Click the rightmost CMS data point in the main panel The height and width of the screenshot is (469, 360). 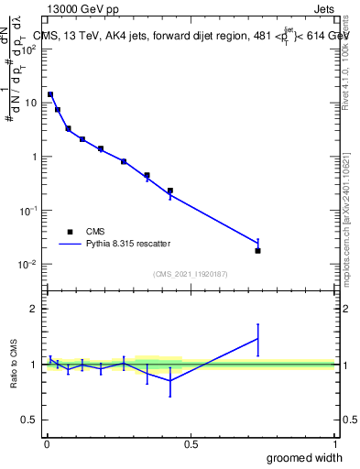[257, 250]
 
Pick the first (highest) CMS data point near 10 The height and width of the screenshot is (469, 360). [50, 94]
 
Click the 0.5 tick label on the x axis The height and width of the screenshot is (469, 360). [191, 443]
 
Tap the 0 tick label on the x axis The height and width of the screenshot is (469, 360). [46, 443]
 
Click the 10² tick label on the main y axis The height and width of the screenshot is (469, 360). [30, 49]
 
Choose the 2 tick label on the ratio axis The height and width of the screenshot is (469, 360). [35, 310]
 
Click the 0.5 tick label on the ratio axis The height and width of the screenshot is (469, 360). [31, 420]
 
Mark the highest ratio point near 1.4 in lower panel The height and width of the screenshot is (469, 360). [257, 339]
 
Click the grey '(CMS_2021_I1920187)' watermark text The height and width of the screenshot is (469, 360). [191, 272]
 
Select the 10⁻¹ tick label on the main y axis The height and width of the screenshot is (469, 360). [29, 210]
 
